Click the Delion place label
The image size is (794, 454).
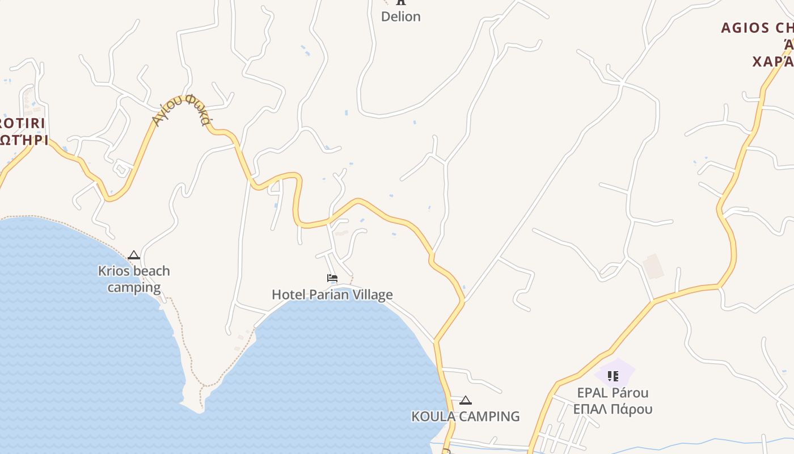click(x=401, y=16)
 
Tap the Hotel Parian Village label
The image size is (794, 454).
click(x=332, y=295)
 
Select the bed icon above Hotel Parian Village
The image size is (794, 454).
click(x=332, y=278)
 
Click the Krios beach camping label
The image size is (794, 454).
click(x=134, y=279)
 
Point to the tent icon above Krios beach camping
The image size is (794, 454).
click(x=134, y=255)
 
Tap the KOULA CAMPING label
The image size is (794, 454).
click(x=465, y=416)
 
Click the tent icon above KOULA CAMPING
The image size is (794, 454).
click(x=466, y=400)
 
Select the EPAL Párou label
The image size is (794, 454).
click(x=613, y=393)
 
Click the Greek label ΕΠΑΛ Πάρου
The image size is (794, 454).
click(x=613, y=409)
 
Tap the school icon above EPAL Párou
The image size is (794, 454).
click(x=613, y=376)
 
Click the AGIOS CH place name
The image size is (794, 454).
click(x=757, y=28)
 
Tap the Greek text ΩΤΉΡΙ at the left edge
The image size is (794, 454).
click(x=24, y=140)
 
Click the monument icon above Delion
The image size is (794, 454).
click(x=401, y=2)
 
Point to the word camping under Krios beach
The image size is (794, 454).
click(x=134, y=287)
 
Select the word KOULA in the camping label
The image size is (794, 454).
click(x=433, y=416)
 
